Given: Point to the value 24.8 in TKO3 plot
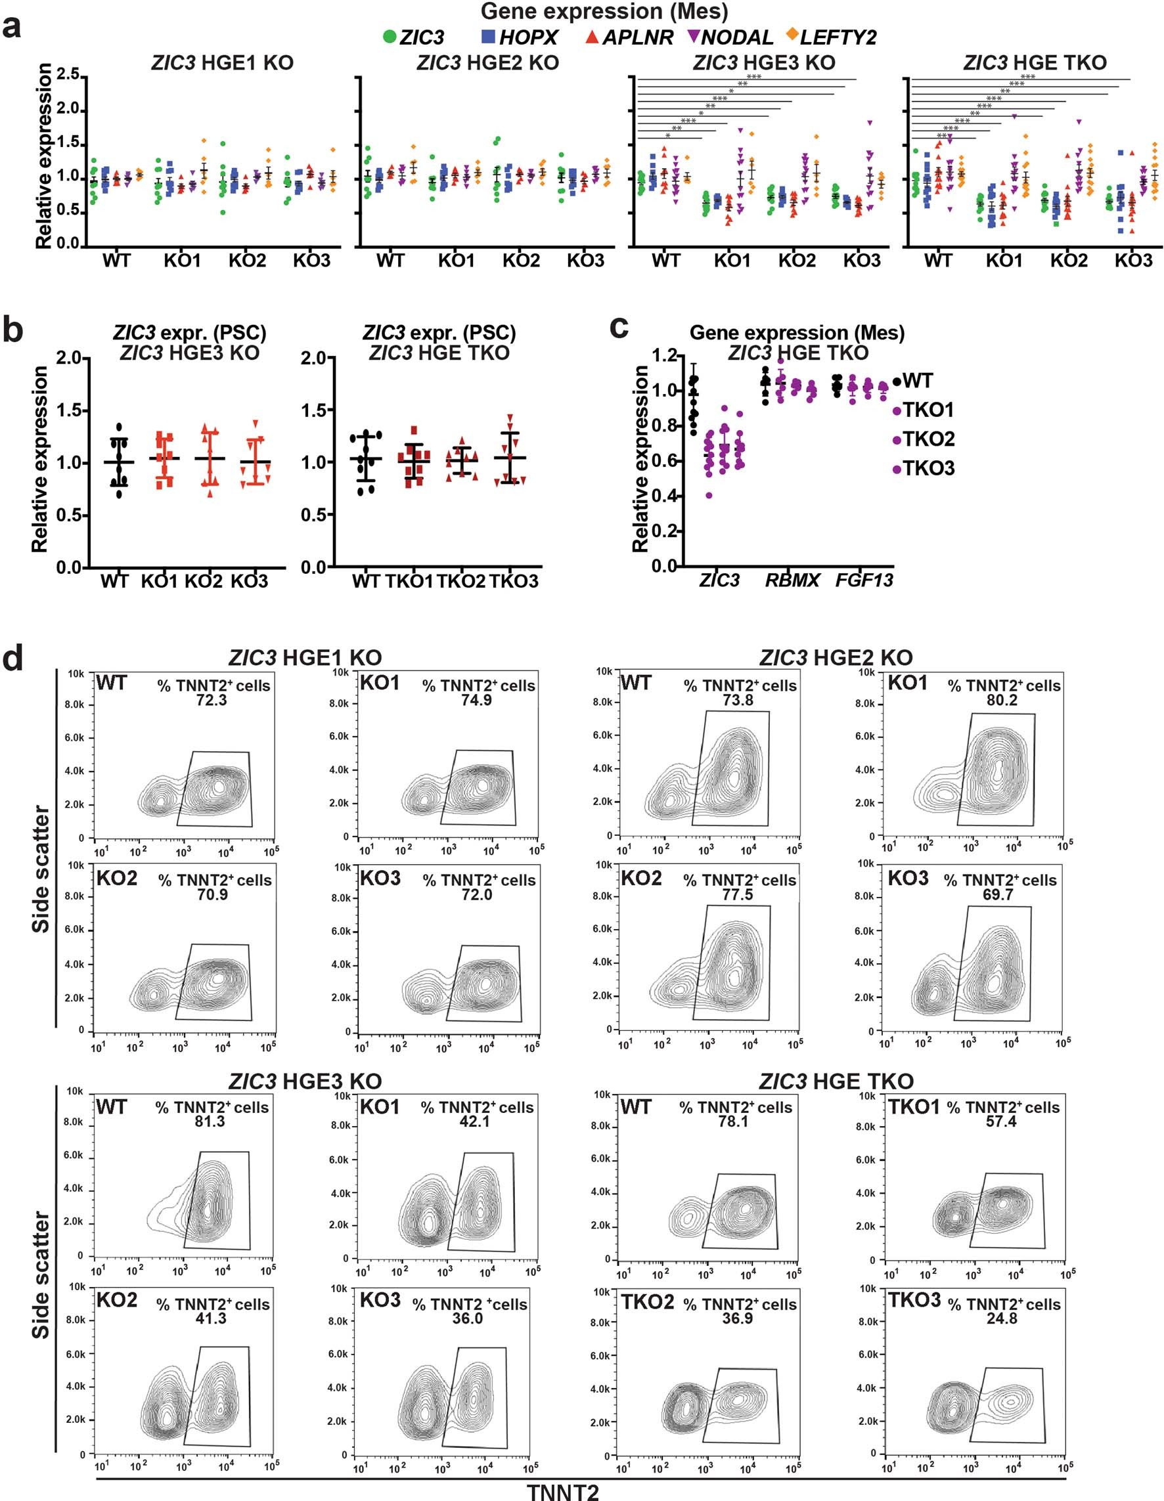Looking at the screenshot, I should click(x=1001, y=1319).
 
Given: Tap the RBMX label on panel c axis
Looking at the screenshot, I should click(x=792, y=580).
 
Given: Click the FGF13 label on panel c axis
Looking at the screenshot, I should click(x=864, y=580).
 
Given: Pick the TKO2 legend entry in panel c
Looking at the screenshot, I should click(x=928, y=439).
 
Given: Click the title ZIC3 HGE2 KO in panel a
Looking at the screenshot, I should click(x=487, y=62).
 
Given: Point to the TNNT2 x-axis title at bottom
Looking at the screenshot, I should click(x=563, y=1490).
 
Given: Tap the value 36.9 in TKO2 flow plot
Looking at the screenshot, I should click(x=737, y=1319).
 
